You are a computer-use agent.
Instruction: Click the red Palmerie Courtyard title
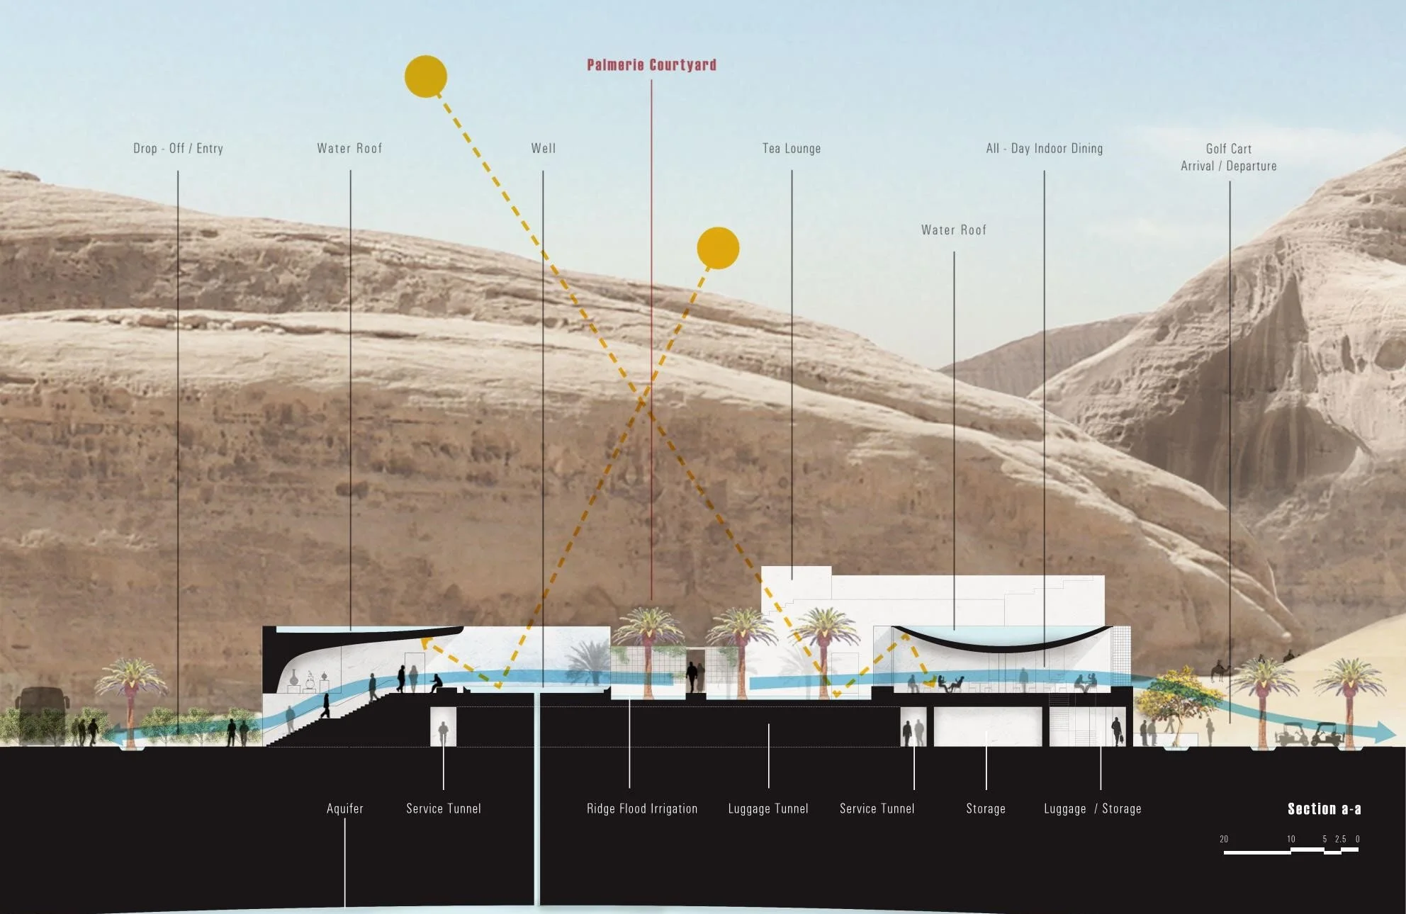[651, 65]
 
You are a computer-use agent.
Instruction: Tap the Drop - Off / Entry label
[178, 148]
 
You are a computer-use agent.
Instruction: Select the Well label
[544, 148]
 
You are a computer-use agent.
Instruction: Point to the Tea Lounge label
[792, 148]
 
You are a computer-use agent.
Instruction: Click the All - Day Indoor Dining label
[1044, 148]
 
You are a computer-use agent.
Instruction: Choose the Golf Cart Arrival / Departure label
[1229, 157]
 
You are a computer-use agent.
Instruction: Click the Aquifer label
[345, 808]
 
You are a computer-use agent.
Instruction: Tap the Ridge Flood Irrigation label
[642, 808]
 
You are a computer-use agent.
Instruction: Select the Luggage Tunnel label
[768, 808]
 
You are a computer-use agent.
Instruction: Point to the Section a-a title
[1324, 808]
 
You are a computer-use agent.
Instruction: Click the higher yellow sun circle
[426, 77]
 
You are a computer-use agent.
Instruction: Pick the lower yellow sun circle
[718, 248]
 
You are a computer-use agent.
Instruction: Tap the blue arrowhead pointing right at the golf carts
[1385, 732]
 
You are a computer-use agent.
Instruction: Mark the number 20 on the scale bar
[1224, 839]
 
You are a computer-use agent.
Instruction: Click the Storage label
[986, 808]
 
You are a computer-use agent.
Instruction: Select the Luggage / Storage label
[1093, 808]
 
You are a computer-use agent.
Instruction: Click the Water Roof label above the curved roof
[954, 230]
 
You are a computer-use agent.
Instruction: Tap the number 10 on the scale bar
[1291, 839]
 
